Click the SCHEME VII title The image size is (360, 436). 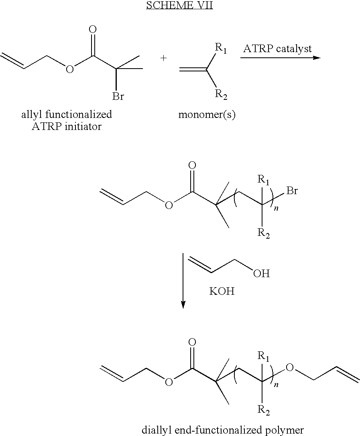click(179, 5)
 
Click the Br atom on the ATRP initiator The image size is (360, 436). click(118, 96)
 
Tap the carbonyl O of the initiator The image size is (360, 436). click(93, 29)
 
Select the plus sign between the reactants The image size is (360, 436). click(164, 58)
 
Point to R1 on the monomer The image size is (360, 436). click(221, 49)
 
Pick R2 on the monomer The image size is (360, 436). click(221, 95)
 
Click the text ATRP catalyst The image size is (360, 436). click(277, 49)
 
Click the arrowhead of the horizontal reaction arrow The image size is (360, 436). click(317, 58)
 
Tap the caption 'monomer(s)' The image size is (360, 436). click(207, 115)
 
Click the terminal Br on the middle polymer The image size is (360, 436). click(292, 191)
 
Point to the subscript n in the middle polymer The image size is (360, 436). click(276, 208)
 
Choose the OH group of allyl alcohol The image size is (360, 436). click(262, 273)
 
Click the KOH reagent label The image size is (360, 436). click(222, 292)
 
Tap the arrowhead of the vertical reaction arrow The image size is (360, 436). click(183, 305)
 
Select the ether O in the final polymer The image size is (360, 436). click(290, 368)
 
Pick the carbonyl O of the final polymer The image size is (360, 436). click(192, 343)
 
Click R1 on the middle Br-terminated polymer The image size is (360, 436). click(263, 180)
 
